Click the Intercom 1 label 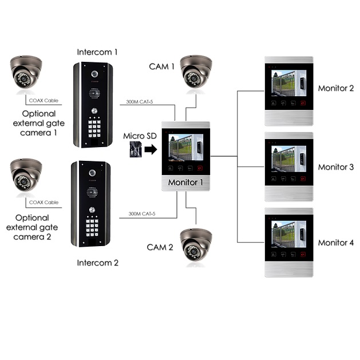click(97, 52)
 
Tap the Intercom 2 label click(97, 263)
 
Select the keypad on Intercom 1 click(93, 128)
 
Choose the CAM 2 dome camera click(196, 246)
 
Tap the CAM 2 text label click(160, 247)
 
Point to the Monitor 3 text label click(336, 167)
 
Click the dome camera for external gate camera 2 click(23, 176)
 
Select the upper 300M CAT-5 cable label click(137, 102)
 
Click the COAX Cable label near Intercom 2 click(44, 202)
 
